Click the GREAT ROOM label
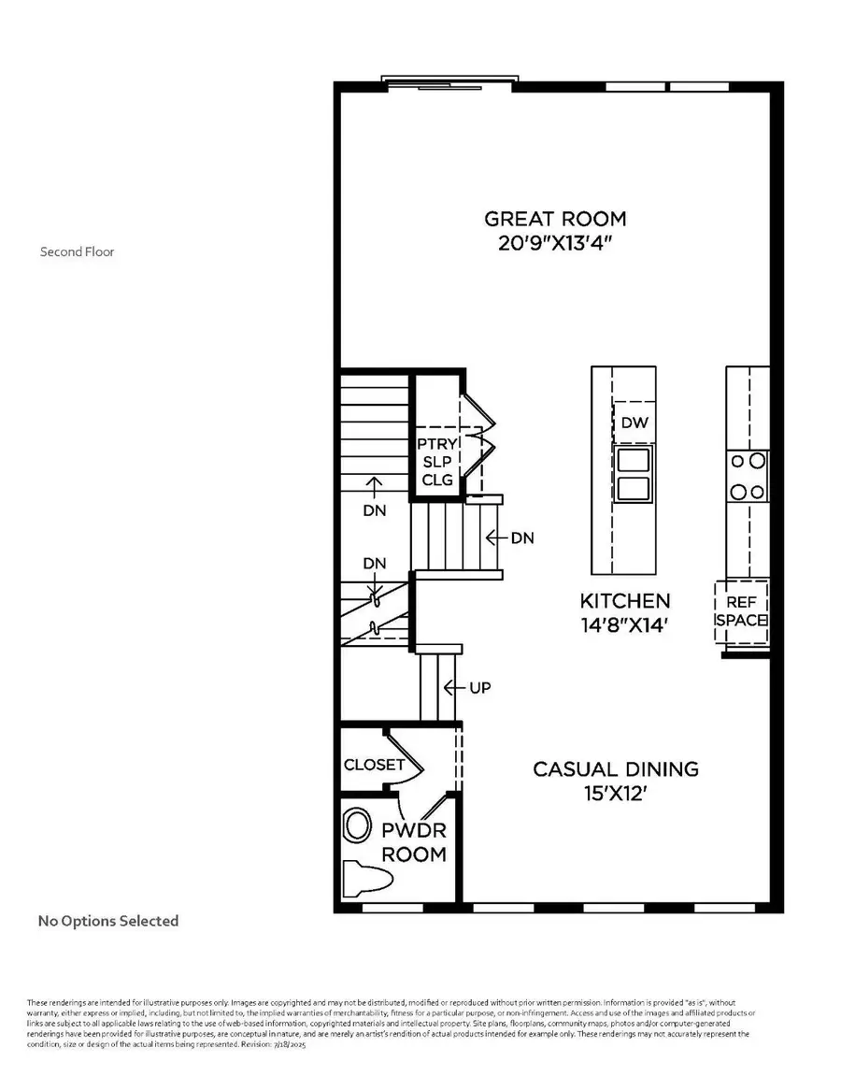[x=555, y=220]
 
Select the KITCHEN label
[x=624, y=601]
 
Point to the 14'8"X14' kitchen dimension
[x=624, y=625]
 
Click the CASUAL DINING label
[x=615, y=769]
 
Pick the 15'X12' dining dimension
[x=615, y=794]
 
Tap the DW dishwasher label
[x=634, y=423]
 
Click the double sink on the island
[x=634, y=474]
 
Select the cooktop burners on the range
[x=748, y=476]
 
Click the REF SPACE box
[x=741, y=612]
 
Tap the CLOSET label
[x=374, y=765]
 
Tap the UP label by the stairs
[x=480, y=688]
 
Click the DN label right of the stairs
[x=521, y=538]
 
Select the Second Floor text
[x=77, y=251]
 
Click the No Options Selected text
[x=107, y=921]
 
